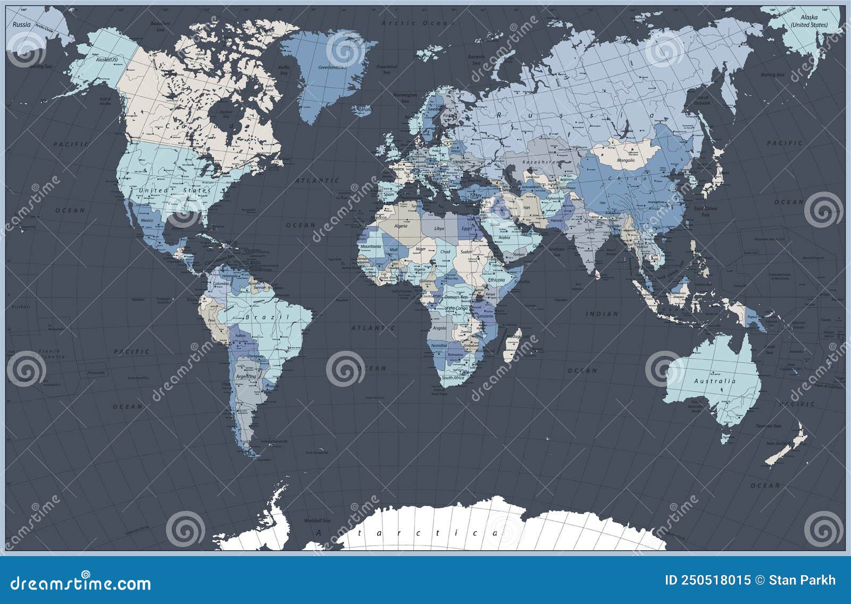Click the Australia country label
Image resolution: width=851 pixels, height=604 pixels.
pyautogui.click(x=715, y=381)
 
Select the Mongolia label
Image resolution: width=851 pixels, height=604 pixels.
pyautogui.click(x=625, y=160)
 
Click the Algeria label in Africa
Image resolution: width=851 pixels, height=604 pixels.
pyautogui.click(x=400, y=226)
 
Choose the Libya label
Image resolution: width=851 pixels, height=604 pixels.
pyautogui.click(x=439, y=228)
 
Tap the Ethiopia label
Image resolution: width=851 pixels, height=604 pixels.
pyautogui.click(x=496, y=279)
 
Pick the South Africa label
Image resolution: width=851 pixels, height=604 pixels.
pyautogui.click(x=453, y=377)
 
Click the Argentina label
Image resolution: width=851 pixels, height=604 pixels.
pyautogui.click(x=246, y=376)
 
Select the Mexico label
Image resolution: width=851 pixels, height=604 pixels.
pyautogui.click(x=147, y=220)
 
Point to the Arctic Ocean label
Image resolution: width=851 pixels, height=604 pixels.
pyautogui.click(x=418, y=23)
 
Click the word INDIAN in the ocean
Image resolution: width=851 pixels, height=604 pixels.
pyautogui.click(x=602, y=314)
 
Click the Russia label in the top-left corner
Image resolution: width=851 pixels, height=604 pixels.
pyautogui.click(x=22, y=24)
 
